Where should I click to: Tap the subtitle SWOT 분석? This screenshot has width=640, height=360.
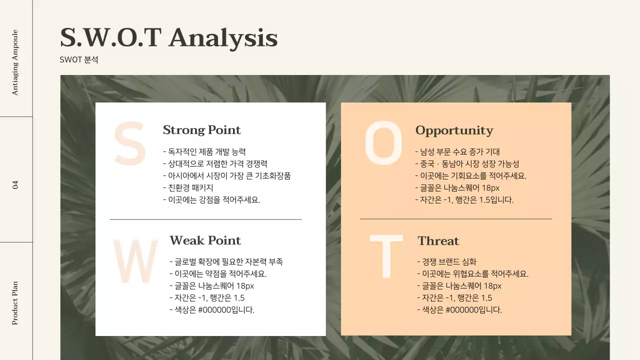pos(79,59)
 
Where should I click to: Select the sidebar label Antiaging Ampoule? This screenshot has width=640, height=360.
pos(15,62)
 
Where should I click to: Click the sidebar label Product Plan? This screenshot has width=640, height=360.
pos(15,303)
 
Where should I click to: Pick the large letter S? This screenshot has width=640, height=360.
pos(129,143)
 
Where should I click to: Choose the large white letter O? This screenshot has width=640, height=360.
pos(383,143)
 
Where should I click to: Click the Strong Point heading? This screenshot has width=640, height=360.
pos(201,130)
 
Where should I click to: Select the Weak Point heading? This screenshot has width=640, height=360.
pos(205,240)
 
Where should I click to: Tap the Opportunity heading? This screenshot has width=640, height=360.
pos(454,130)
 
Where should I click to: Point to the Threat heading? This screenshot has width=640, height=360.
pos(438,241)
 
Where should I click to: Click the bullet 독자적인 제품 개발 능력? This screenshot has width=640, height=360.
pos(204,151)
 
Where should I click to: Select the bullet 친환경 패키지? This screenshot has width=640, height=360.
pos(188,187)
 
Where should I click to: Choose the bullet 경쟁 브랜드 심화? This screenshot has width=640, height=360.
pos(446,261)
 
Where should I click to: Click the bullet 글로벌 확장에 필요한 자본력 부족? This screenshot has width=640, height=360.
pos(226,261)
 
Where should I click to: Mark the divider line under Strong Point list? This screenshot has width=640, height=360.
pos(205,219)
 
